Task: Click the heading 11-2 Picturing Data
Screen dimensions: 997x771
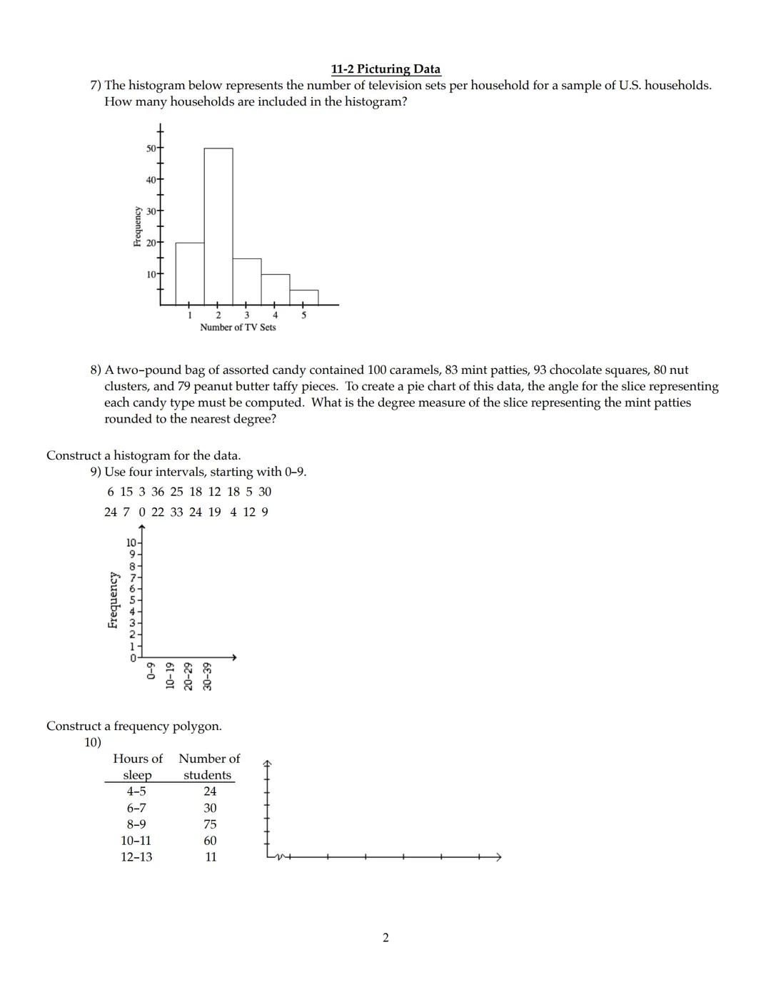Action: (x=385, y=69)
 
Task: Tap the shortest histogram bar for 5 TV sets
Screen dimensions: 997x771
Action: (x=304, y=298)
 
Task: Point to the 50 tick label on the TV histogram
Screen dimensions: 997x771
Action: (x=151, y=148)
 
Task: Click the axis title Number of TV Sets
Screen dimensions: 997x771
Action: (x=238, y=328)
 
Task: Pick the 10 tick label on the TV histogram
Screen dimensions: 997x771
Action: (x=151, y=275)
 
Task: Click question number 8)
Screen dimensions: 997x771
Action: (x=96, y=370)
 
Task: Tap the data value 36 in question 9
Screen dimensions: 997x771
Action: (x=158, y=492)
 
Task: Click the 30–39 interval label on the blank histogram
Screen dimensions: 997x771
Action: (x=208, y=676)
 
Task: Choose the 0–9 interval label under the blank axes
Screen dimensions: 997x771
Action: (x=151, y=672)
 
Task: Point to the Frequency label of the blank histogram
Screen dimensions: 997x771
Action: (x=113, y=599)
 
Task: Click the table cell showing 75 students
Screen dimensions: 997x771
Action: (x=210, y=824)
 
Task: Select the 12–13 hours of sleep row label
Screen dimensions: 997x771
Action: (x=136, y=857)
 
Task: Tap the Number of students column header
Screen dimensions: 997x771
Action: (x=209, y=766)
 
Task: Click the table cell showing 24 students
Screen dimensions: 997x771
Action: (x=210, y=791)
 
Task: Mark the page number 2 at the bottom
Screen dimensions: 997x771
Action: (x=386, y=938)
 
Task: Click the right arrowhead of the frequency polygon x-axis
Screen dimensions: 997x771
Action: (x=498, y=856)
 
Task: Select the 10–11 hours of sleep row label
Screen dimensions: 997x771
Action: (x=136, y=841)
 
